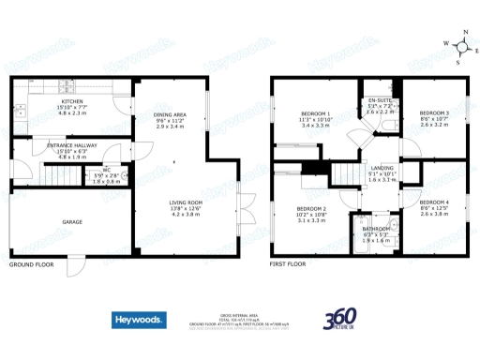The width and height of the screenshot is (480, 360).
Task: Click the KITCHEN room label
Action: pyautogui.click(x=73, y=101)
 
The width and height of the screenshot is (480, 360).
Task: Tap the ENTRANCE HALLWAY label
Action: pyautogui.click(x=73, y=145)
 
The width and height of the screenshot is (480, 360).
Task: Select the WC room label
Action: pyautogui.click(x=108, y=170)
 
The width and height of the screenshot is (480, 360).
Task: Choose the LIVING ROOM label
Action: pyautogui.click(x=186, y=202)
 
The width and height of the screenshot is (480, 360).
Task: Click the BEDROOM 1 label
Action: pyautogui.click(x=314, y=112)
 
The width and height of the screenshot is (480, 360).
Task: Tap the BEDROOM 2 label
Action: pyautogui.click(x=311, y=208)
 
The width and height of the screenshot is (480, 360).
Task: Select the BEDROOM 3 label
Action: pyautogui.click(x=434, y=112)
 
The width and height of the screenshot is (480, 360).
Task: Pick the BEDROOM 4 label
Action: pyautogui.click(x=434, y=202)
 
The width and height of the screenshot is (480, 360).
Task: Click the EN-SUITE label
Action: pyautogui.click(x=380, y=100)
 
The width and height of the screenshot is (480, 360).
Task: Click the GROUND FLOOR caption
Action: pyautogui.click(x=30, y=264)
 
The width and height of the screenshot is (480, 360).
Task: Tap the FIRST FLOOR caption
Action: pyautogui.click(x=289, y=264)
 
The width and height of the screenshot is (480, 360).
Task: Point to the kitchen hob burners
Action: pyautogui.click(x=20, y=112)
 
